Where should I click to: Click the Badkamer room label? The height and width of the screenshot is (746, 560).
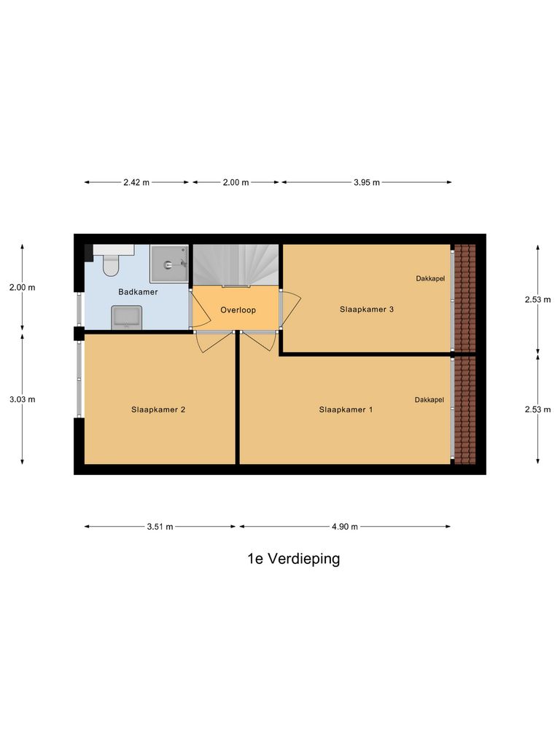[139, 292]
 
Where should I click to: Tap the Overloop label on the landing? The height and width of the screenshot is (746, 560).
[238, 310]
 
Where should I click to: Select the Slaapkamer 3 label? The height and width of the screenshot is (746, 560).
[367, 309]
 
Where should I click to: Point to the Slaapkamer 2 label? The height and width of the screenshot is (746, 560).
[158, 409]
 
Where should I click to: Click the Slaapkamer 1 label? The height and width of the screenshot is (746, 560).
[346, 409]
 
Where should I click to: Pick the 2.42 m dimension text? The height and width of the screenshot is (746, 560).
[136, 183]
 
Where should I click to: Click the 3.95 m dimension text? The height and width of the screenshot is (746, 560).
[366, 183]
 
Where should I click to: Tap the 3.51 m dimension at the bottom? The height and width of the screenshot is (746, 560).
[160, 527]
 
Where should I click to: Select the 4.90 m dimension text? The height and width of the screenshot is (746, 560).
[344, 527]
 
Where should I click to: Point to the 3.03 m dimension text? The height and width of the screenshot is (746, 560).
[23, 399]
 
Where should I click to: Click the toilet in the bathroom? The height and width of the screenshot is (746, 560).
[111, 264]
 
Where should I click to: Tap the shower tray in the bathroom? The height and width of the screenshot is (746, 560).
[168, 264]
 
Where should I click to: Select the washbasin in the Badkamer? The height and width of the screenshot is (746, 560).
[126, 317]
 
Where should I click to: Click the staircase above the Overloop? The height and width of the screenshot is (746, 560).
[236, 265]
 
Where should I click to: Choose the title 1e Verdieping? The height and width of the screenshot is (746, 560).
[293, 559]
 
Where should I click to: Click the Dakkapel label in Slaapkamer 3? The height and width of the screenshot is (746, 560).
[430, 278]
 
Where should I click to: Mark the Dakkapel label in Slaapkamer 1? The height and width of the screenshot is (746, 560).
[429, 400]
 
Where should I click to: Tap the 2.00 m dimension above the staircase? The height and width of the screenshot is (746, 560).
[235, 183]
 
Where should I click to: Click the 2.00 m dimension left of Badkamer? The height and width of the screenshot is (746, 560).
[23, 287]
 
